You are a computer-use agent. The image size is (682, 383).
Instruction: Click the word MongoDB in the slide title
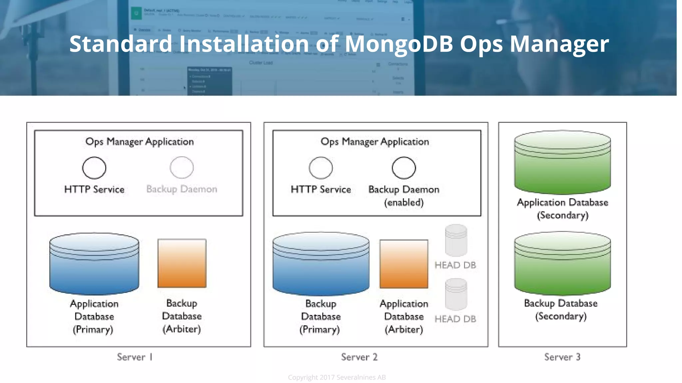pos(399,44)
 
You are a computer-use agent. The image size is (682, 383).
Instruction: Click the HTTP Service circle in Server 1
pos(94,168)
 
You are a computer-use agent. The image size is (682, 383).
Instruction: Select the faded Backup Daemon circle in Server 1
pos(181,168)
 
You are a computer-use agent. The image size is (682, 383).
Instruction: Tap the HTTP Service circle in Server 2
pos(321,168)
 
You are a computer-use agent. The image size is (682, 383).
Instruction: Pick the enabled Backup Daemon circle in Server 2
pos(404,168)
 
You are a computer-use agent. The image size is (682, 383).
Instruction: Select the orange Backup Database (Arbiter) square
pos(182,263)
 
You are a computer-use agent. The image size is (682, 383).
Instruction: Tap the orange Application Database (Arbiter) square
pos(404,264)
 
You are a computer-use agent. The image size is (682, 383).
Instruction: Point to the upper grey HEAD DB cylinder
pos(456,240)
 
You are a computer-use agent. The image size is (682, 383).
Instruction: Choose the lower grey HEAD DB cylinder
pos(456,295)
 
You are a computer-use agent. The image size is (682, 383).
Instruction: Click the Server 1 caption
pos(135,357)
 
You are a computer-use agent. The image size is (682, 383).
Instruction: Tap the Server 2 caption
pos(359,357)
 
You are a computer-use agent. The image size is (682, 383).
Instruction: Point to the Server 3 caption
pos(562,357)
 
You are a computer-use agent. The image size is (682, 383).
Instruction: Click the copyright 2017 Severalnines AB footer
pos(337,377)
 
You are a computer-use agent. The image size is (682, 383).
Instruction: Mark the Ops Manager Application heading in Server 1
pos(140,142)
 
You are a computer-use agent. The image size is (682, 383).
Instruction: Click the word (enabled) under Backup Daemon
pos(404,202)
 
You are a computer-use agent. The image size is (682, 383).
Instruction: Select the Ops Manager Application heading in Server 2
pos(375,142)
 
